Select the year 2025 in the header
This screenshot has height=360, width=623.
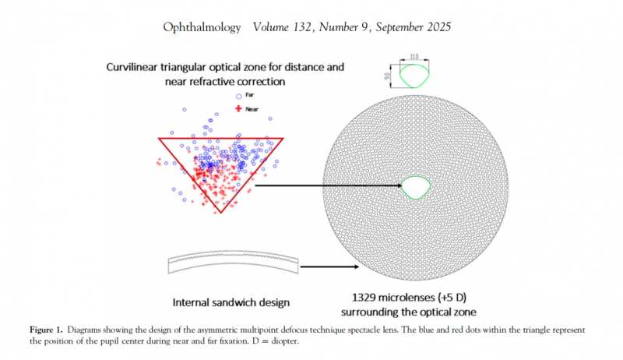pos(436,27)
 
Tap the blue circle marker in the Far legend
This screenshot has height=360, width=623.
pos(238,96)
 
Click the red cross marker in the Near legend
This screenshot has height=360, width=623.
pos(238,108)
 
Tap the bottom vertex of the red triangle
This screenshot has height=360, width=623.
pos(221,212)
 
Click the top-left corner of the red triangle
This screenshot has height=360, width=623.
pos(160,139)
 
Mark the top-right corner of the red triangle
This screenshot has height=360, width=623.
pos(282,139)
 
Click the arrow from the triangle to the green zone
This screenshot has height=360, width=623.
pos(327,185)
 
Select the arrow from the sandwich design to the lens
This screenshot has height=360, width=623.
pos(327,266)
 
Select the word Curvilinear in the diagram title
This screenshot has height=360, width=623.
pos(136,68)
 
